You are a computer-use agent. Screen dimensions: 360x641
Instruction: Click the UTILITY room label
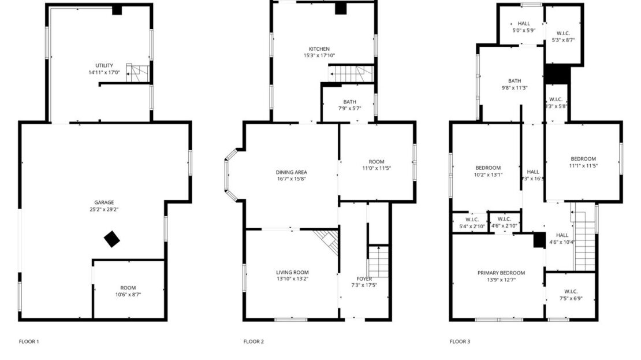tap(105, 65)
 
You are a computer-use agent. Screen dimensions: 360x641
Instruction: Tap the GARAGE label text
tap(105, 202)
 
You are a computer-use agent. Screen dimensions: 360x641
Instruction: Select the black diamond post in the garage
tap(112, 239)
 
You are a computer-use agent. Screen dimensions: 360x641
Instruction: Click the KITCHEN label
tap(319, 49)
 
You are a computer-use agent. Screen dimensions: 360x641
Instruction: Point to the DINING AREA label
tap(291, 172)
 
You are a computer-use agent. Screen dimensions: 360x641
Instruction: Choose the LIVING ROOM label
tap(292, 272)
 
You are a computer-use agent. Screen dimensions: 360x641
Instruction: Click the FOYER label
tap(364, 279)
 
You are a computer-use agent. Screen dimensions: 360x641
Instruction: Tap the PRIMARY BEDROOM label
tap(501, 273)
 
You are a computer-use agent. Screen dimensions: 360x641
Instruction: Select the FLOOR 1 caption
tap(29, 342)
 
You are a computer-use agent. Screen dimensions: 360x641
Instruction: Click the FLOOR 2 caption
tap(254, 342)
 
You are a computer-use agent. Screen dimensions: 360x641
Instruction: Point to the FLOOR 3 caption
tap(460, 342)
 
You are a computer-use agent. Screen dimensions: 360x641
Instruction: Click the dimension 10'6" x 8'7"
tap(128, 295)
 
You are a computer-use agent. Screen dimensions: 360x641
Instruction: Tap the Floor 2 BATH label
tap(349, 102)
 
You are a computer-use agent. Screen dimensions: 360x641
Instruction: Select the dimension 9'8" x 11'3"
tap(515, 88)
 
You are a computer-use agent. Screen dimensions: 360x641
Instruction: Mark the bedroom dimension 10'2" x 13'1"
tap(488, 175)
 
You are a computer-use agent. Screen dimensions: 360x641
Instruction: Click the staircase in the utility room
tap(139, 73)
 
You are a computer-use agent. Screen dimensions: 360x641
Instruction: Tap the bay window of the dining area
tap(230, 175)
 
